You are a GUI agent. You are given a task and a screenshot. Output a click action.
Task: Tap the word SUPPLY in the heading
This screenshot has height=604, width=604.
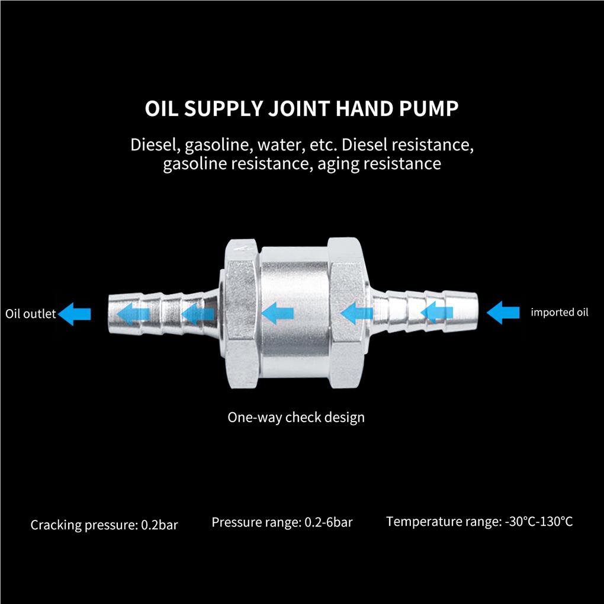point(222,110)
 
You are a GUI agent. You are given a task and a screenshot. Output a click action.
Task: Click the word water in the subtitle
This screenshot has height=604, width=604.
point(278,144)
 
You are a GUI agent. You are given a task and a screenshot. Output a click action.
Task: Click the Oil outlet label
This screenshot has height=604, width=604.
point(30,313)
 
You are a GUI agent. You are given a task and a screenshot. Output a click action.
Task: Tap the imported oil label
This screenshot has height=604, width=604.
point(560,312)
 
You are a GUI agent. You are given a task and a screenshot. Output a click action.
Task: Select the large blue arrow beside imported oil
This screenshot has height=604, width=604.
point(503,312)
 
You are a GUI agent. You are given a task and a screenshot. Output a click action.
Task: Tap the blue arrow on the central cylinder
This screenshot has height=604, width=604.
point(277,313)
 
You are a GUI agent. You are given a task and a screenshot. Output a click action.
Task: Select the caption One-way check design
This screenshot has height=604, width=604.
point(296,417)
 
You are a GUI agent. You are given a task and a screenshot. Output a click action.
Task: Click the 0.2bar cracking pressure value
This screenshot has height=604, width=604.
point(159,525)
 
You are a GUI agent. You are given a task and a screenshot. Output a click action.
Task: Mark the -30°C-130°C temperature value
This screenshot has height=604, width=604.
point(539,522)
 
